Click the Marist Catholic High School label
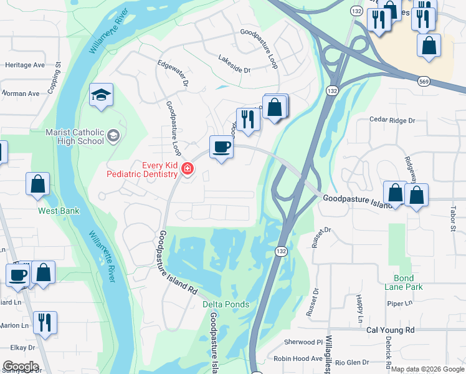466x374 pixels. [x=75, y=137]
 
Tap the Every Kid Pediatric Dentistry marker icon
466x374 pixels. [x=186, y=169]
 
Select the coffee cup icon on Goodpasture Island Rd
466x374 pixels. [x=222, y=148]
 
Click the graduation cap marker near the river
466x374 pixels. [x=101, y=95]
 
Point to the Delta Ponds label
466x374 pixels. [x=226, y=304]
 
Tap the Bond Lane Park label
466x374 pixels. [x=408, y=282]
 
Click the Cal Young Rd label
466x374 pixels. [x=391, y=330]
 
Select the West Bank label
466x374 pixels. [x=59, y=211]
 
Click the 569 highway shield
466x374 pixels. [x=424, y=81]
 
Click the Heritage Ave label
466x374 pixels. [x=25, y=65]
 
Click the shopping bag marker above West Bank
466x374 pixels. [x=37, y=184]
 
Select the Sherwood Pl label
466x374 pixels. [x=303, y=342]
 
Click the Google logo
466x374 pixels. [x=21, y=367]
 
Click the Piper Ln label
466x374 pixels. [x=396, y=304]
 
